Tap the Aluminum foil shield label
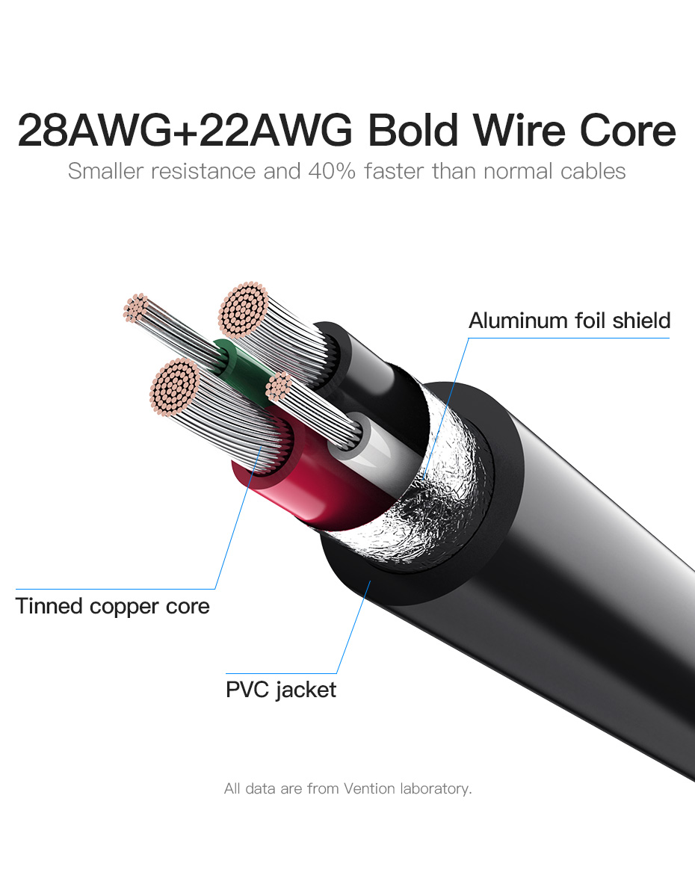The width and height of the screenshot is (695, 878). coord(569,321)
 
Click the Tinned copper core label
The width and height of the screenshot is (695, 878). coord(113,605)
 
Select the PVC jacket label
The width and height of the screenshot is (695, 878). coord(281,689)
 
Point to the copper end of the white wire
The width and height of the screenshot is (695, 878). coord(279,386)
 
